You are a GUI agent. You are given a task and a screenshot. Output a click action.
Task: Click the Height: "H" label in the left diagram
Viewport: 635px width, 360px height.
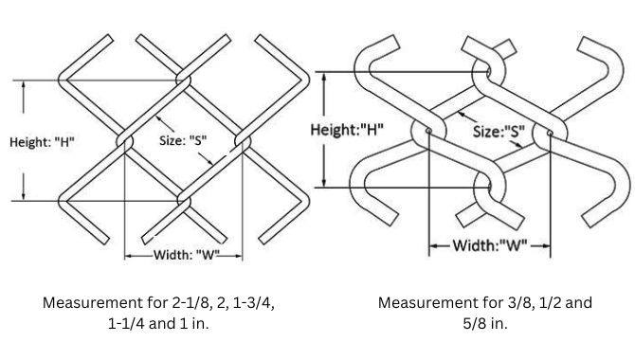tap(43, 142)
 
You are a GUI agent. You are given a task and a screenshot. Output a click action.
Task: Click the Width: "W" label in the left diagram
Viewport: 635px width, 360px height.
tap(185, 254)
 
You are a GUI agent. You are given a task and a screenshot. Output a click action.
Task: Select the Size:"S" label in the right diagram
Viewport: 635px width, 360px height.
tap(499, 133)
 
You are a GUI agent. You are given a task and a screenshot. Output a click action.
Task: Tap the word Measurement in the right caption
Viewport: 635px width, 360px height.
tap(424, 303)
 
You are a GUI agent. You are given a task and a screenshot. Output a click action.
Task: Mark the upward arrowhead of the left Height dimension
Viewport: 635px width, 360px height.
tap(25, 84)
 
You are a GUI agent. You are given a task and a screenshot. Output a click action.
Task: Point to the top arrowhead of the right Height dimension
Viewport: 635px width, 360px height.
tap(325, 75)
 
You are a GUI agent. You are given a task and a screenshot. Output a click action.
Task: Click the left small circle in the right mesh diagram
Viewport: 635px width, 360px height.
tap(428, 130)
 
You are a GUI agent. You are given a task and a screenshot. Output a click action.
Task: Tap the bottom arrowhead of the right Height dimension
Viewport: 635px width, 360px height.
tap(325, 183)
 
